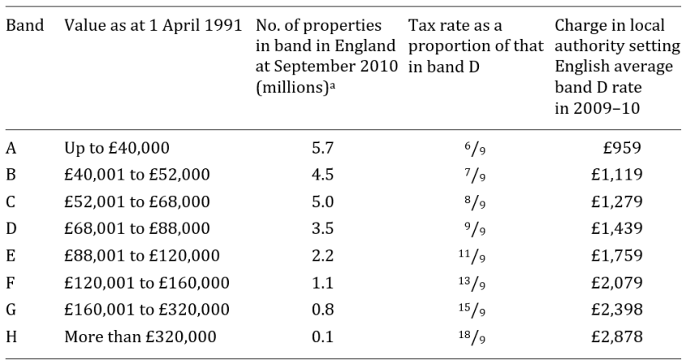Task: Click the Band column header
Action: (25, 25)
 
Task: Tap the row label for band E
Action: (11, 256)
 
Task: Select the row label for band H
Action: (11, 337)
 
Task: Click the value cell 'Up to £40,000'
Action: (116, 148)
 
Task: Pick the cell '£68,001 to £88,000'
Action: (137, 228)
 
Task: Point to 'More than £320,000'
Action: (141, 337)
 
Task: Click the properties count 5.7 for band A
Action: (323, 148)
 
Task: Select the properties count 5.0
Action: (323, 201)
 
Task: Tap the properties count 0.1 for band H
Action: (323, 337)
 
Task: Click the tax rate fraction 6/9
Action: (475, 149)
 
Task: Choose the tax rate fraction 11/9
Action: (472, 256)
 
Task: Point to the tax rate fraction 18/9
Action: (472, 337)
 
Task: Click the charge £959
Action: (622, 148)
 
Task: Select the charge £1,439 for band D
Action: (617, 228)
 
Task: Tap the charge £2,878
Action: (617, 337)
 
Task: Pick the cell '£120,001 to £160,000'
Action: (147, 283)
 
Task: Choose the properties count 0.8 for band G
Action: (323, 309)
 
